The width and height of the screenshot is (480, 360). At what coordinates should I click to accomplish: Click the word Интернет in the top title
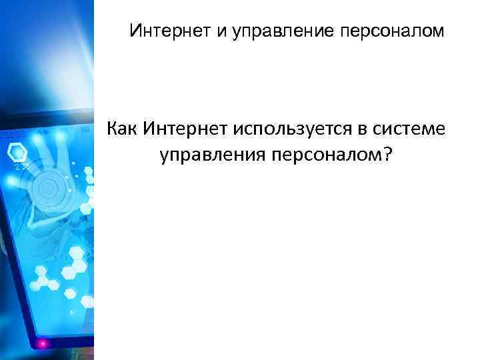170,31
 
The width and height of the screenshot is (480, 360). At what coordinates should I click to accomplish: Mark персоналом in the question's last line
323,155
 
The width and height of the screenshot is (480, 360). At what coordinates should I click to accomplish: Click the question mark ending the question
387,155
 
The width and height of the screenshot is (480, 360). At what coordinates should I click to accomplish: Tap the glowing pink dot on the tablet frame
45,343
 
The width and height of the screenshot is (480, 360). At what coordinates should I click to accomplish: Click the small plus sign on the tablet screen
72,312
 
